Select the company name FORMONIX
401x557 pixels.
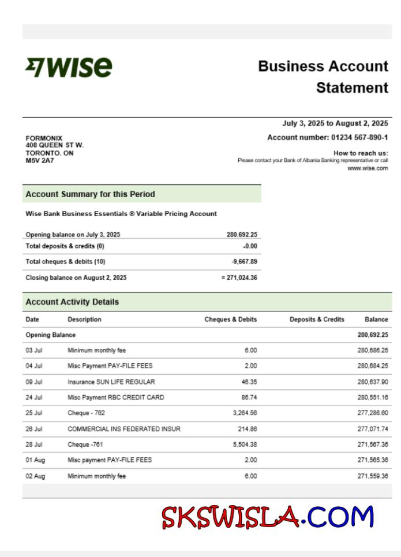tap(44, 138)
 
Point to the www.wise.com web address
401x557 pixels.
tap(368, 168)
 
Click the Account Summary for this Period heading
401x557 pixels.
tap(90, 194)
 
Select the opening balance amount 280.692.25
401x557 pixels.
tap(242, 235)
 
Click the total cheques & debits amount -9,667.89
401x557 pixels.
tap(243, 261)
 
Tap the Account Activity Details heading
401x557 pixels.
tap(72, 302)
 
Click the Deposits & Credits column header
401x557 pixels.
tap(317, 319)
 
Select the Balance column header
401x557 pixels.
tap(376, 319)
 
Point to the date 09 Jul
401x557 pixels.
tap(33, 382)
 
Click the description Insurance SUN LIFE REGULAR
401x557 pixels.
tap(111, 382)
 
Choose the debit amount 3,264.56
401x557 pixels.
tap(245, 413)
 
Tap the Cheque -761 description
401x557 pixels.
tap(87, 445)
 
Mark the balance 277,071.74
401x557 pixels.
tap(373, 429)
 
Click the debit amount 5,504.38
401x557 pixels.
tap(245, 445)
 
